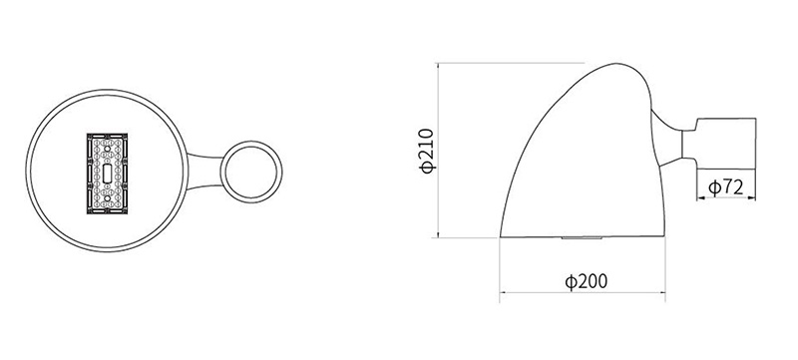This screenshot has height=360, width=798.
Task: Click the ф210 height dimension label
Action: pyautogui.click(x=428, y=151)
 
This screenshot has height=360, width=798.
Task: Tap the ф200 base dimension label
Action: pyautogui.click(x=587, y=281)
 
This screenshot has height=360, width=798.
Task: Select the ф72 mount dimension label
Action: pyautogui.click(x=726, y=187)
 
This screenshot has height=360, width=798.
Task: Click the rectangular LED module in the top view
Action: pyautogui.click(x=107, y=174)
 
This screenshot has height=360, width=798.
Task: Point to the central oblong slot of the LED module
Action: pyautogui.click(x=107, y=174)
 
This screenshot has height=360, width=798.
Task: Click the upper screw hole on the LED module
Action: pyautogui.click(x=107, y=149)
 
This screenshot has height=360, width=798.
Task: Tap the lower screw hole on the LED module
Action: pyautogui.click(x=107, y=198)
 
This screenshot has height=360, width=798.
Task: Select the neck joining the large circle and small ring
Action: pyautogui.click(x=205, y=172)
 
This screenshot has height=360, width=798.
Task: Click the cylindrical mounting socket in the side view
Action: pyautogui.click(x=726, y=144)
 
